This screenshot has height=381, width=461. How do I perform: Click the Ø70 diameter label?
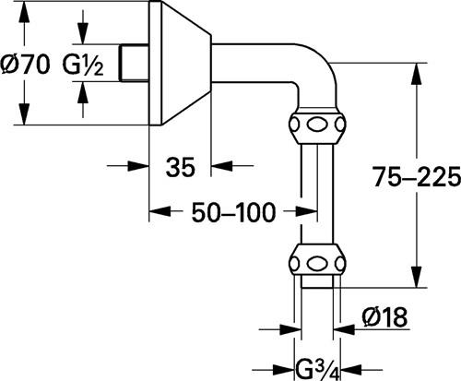25,65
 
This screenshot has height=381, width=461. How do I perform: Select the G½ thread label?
83,65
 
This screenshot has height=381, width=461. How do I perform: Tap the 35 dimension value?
181,167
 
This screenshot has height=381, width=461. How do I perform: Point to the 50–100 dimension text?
233,212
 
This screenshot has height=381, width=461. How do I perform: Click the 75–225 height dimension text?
417,177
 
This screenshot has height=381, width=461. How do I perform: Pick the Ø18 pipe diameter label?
384,316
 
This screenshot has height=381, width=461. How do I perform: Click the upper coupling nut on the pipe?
317,125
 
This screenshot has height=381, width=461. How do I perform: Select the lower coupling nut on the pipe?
317,262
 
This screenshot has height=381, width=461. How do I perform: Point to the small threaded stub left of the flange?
135,63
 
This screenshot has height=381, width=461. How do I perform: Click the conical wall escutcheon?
180,63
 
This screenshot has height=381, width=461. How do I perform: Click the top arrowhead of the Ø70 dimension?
24,12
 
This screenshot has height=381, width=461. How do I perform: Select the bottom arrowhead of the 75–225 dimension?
417,277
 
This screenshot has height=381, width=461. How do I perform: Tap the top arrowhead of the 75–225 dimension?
417,73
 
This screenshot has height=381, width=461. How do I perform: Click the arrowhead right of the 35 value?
222,166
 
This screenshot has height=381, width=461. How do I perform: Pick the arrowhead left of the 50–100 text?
160,211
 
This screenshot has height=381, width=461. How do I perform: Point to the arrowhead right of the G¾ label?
349,369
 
